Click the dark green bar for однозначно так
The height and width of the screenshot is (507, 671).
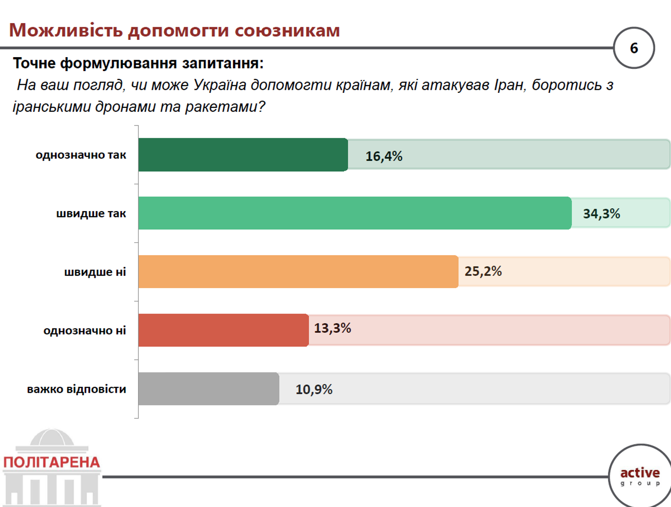[243, 155]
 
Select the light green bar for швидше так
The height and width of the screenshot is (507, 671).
[355, 213]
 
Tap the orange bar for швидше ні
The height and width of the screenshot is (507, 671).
[298, 271]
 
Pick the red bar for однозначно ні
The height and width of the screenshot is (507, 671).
[224, 330]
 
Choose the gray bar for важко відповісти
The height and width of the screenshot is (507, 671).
[209, 389]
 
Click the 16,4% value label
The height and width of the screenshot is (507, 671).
[384, 156]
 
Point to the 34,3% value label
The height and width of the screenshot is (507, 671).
[602, 213]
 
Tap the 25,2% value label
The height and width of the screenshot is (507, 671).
[483, 271]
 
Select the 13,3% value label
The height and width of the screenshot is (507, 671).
[333, 328]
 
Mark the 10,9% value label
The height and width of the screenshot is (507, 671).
[314, 389]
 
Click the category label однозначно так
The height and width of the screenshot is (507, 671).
[81, 155]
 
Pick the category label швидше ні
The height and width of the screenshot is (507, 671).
[95, 272]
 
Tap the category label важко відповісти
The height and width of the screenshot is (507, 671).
[77, 389]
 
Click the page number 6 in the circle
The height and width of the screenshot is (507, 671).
[634, 48]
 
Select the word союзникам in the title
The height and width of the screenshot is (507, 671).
[287, 31]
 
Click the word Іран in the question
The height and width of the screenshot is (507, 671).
[510, 85]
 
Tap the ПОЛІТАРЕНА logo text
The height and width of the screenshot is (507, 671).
[52, 463]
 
